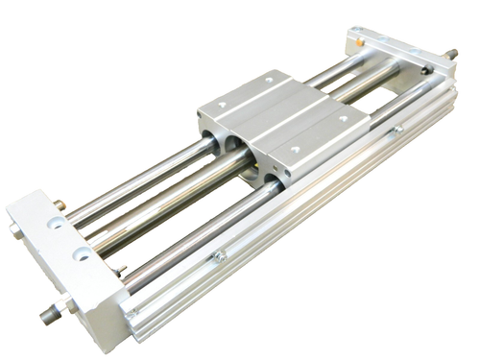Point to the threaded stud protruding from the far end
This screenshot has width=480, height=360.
tap(451, 55)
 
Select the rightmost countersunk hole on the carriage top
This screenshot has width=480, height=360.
tap(343, 121)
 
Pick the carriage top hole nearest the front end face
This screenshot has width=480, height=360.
tap(295, 151)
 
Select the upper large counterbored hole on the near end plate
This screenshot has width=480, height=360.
tap(57, 222)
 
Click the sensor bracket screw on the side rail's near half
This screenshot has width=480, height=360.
tap(220, 255)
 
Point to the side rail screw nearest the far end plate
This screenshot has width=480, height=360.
tap(394, 132)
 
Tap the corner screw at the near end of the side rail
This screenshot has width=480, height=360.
tap(132, 312)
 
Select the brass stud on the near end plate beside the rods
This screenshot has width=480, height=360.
tap(60, 204)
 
